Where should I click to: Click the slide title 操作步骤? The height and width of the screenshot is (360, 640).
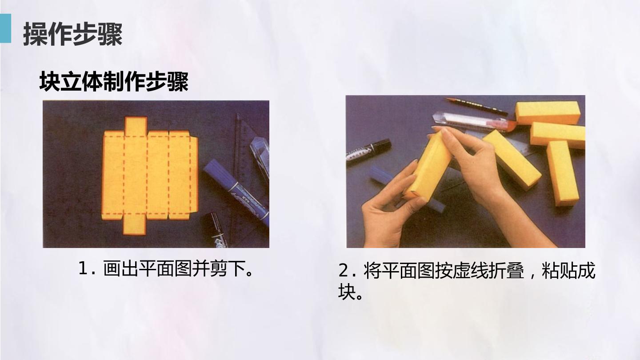pyautogui.click(x=73, y=34)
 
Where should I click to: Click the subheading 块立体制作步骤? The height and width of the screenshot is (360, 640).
pyautogui.click(x=114, y=81)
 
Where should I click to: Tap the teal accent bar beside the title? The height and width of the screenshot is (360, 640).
pyautogui.click(x=5, y=28)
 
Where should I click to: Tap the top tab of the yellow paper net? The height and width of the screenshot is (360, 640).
pyautogui.click(x=136, y=126)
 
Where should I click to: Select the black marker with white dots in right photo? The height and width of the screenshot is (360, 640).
pyautogui.click(x=368, y=152)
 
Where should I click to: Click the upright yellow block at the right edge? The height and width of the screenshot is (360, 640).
pyautogui.click(x=563, y=173)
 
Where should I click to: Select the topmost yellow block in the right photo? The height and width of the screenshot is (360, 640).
pyautogui.click(x=548, y=112)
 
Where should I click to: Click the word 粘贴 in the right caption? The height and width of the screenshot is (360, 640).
pyautogui.click(x=560, y=270)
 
